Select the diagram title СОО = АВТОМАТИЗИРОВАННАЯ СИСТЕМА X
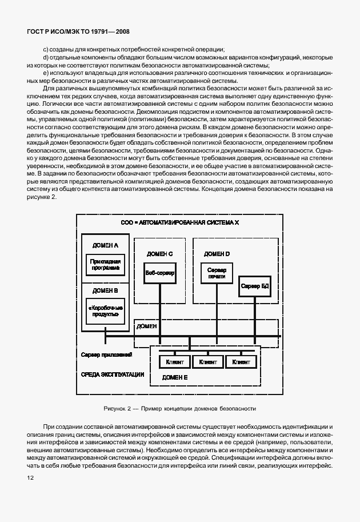click(179, 221)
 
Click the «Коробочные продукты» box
click(104, 311)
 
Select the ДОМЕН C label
click(159, 253)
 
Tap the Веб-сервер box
click(159, 273)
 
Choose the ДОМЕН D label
click(217, 253)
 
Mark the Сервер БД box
click(254, 285)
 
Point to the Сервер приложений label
click(107, 355)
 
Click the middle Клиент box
click(208, 362)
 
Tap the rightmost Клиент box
click(241, 362)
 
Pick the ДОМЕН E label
click(175, 377)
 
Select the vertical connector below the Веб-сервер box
click(160, 306)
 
